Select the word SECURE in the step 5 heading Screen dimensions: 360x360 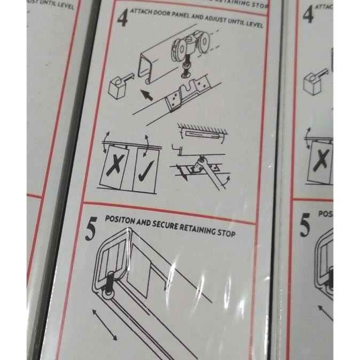click(x=166, y=225)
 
